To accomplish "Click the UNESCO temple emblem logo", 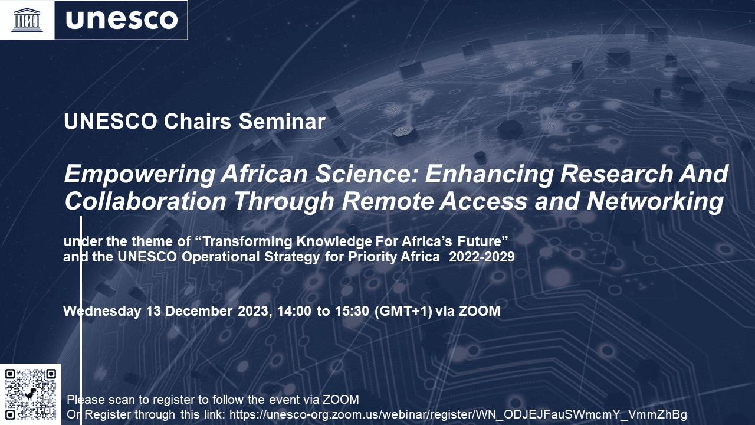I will [x=27, y=20].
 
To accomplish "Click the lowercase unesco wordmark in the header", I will [x=122, y=20].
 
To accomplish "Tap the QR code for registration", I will [x=31, y=394].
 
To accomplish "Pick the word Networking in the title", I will [x=655, y=201].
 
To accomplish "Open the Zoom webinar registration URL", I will [x=458, y=414].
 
